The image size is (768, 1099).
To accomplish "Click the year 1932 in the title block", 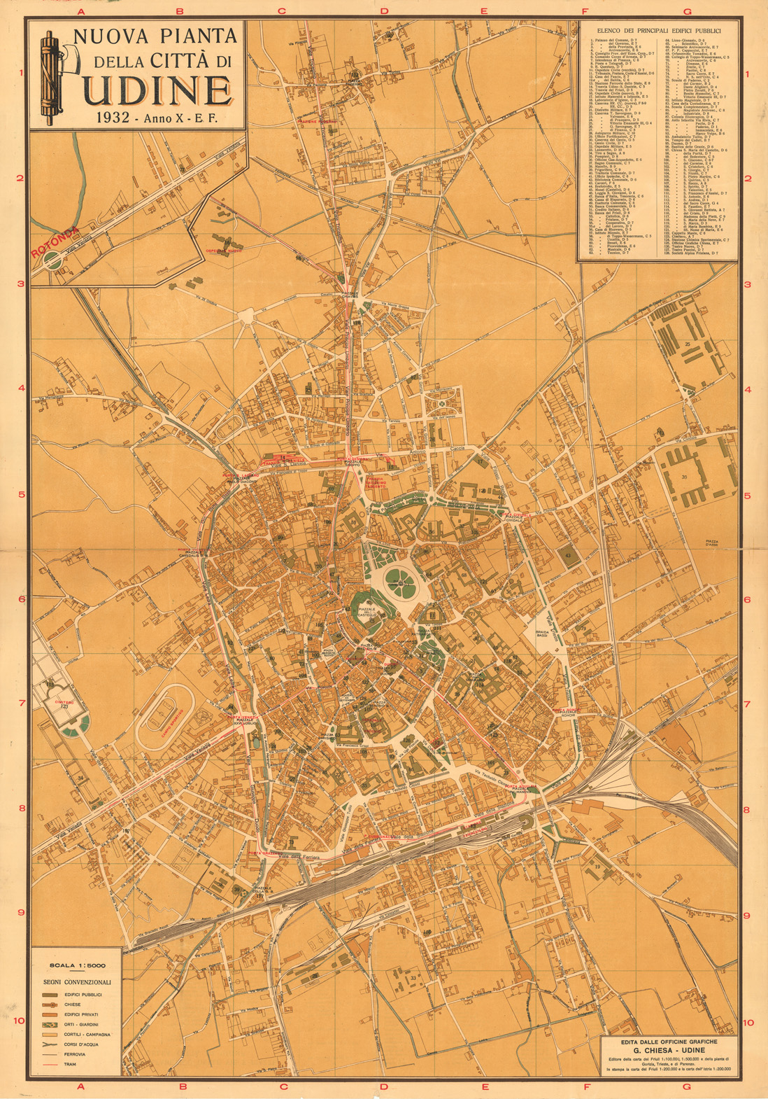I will click(x=114, y=118).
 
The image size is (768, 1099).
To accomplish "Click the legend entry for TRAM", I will click(x=71, y=1064).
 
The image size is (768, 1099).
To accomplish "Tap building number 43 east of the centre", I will click(x=568, y=555).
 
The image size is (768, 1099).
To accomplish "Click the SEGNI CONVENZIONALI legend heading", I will click(x=76, y=981).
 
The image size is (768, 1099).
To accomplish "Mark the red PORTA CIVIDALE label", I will click(x=518, y=517).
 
